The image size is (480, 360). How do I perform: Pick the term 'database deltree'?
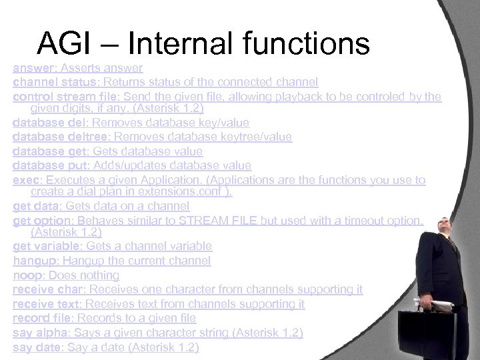pyautogui.click(x=61, y=137)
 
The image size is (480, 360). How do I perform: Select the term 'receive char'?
pyautogui.click(x=48, y=289)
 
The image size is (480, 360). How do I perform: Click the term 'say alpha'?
pyautogui.click(x=41, y=333)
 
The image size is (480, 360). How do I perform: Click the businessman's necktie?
pyautogui.click(x=454, y=243)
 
